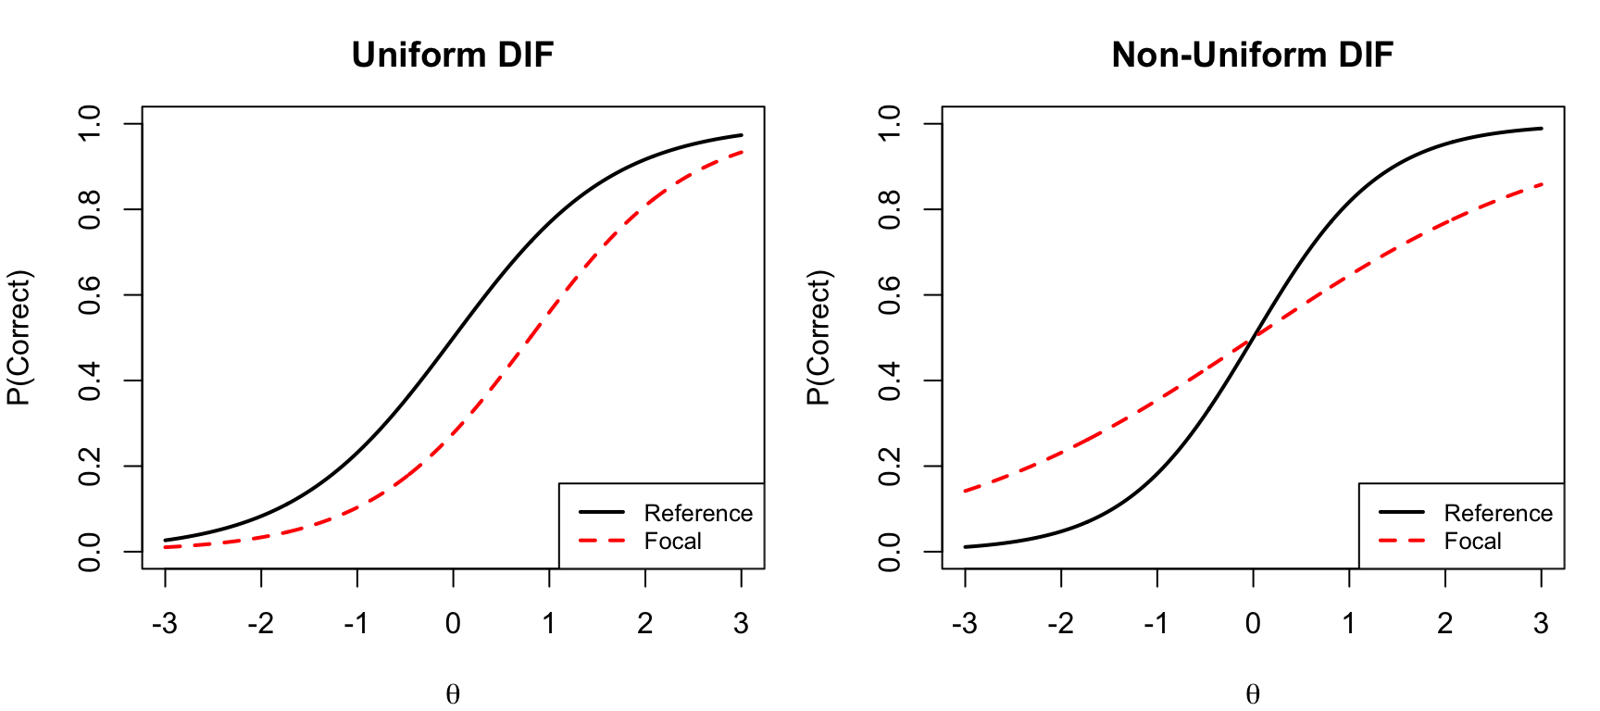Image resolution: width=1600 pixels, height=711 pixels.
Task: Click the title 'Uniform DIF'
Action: [453, 56]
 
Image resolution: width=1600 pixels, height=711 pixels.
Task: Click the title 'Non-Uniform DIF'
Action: [1252, 56]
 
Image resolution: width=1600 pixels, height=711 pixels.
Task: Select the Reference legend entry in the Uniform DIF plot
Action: [698, 513]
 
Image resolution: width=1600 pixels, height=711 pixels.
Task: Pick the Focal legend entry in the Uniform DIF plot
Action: [672, 542]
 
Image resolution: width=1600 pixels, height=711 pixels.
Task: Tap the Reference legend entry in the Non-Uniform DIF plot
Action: [1497, 513]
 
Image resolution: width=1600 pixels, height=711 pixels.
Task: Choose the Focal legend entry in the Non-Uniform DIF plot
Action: [1472, 542]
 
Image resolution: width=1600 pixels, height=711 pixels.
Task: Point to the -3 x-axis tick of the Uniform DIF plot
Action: [165, 623]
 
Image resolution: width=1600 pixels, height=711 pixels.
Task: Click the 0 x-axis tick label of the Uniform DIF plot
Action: [453, 623]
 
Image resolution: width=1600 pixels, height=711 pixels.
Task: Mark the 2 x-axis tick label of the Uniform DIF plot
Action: [645, 623]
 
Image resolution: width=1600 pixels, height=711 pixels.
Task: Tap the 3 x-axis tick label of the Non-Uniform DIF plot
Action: [1541, 623]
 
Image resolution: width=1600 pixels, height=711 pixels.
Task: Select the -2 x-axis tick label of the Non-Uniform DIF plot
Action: [1060, 623]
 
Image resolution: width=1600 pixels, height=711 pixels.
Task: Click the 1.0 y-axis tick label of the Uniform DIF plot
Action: [90, 123]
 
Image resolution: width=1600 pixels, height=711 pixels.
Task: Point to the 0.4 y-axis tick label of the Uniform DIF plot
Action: [90, 380]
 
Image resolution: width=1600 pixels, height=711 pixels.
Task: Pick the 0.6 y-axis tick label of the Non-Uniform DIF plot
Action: [890, 295]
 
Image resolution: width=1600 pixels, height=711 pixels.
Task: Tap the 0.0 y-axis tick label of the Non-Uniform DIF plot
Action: [890, 552]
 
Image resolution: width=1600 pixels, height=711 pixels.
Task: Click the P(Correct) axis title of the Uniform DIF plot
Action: [19, 338]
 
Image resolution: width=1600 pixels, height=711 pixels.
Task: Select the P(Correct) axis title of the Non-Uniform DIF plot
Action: [819, 338]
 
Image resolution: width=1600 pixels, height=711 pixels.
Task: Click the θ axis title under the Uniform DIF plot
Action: [453, 694]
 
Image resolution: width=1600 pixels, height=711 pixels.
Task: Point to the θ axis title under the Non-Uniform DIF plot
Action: [1252, 694]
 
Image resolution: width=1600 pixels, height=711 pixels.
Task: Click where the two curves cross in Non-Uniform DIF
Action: [1253, 338]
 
